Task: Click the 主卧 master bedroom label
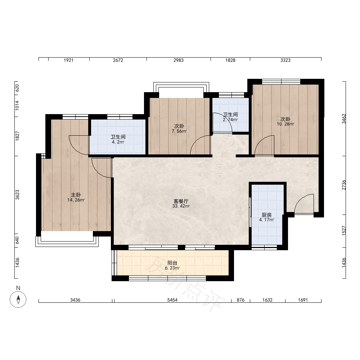tap(76, 195)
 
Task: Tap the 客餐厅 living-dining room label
tap(181, 201)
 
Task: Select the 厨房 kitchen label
tap(266, 215)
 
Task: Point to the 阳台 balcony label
tap(172, 263)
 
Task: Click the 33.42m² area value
tap(181, 206)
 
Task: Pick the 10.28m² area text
tap(285, 124)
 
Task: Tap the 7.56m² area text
tap(179, 131)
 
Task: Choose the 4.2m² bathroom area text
tap(118, 142)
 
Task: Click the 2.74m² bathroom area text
tap(230, 120)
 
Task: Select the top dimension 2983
tap(179, 60)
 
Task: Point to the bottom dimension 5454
tap(172, 300)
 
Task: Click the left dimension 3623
tap(17, 194)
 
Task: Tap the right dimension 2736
tap(344, 185)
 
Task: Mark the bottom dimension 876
tap(240, 300)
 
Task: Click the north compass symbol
tap(18, 300)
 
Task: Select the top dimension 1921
tap(68, 60)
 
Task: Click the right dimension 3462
tap(344, 119)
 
